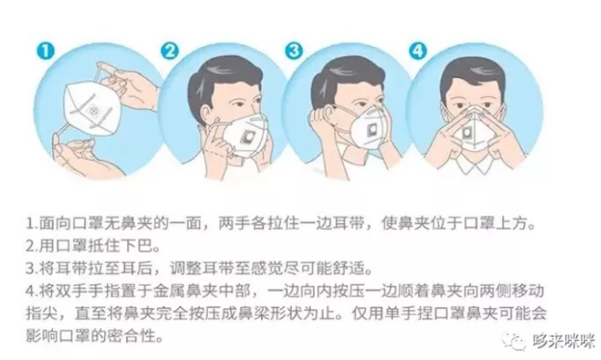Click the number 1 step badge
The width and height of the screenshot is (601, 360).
click(x=46, y=51)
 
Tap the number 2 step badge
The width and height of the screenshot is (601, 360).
click(x=169, y=51)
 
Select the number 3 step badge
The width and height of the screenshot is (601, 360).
click(x=294, y=51)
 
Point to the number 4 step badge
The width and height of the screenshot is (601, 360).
click(x=418, y=51)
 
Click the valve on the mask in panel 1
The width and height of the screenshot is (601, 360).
click(x=93, y=112)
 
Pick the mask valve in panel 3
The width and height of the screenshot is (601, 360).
click(x=372, y=130)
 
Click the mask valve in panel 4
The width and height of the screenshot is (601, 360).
click(x=467, y=133)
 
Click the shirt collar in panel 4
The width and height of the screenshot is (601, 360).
click(x=474, y=163)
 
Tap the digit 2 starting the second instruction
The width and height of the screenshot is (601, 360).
click(x=30, y=246)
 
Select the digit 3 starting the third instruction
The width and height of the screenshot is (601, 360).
click(x=30, y=268)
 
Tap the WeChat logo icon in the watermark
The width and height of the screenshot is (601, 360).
click(x=514, y=341)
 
